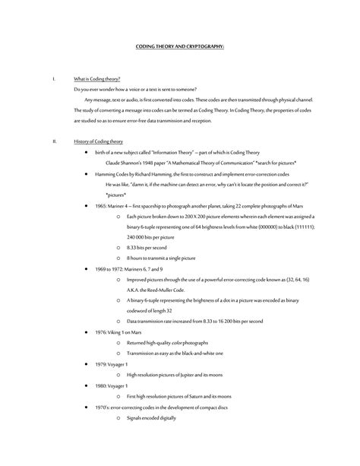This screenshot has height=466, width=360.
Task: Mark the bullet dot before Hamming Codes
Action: [86, 173]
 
